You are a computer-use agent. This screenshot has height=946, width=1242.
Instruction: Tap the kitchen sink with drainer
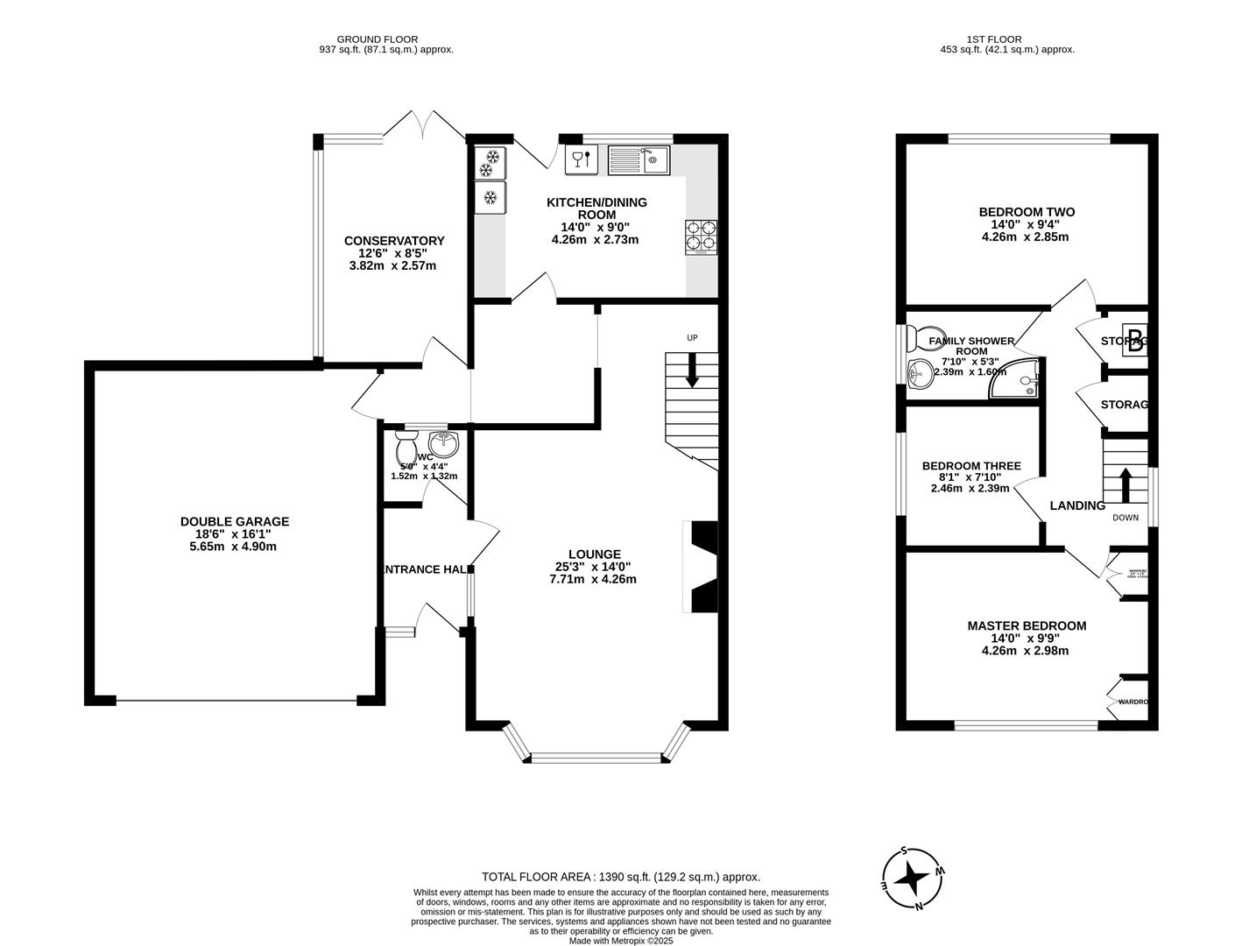click(638, 160)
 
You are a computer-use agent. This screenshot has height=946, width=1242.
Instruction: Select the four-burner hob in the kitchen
click(702, 236)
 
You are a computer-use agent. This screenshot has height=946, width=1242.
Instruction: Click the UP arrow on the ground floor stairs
click(692, 370)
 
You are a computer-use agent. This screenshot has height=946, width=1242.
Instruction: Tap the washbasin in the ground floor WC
click(444, 443)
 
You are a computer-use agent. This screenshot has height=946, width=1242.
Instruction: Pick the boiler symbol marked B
click(1135, 340)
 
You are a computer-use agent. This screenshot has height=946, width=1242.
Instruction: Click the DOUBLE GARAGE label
click(235, 521)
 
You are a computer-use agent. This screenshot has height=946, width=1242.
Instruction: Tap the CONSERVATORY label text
click(394, 241)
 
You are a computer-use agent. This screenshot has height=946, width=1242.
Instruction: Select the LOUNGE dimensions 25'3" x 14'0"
click(594, 566)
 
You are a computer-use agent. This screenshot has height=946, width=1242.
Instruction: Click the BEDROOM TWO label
click(1026, 212)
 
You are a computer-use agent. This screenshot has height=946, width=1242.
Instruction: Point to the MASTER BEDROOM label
click(1026, 625)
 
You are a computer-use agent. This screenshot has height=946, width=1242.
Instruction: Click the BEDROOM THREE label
click(970, 466)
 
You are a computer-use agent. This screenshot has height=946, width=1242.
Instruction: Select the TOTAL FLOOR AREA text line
click(620, 876)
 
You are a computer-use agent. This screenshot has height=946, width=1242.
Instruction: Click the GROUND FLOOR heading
click(377, 39)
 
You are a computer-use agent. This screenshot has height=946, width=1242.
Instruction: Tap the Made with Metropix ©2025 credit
click(620, 941)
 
